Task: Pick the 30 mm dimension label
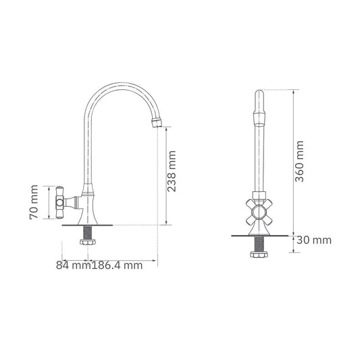click(x=314, y=240)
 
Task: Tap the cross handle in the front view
click(x=259, y=211)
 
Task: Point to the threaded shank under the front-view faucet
click(x=259, y=244)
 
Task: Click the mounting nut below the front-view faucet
click(x=259, y=255)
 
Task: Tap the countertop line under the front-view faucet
click(x=259, y=235)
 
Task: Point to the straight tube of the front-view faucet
click(x=259, y=162)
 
